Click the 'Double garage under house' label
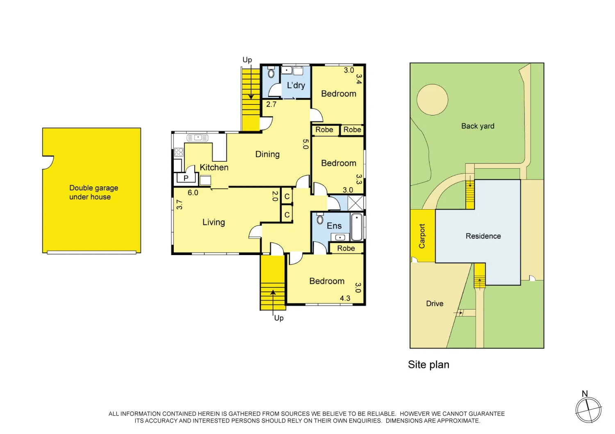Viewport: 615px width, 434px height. click(93, 192)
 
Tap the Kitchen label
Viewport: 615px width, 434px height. click(214, 167)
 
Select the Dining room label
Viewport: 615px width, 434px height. click(267, 154)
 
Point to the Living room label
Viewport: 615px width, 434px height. click(214, 222)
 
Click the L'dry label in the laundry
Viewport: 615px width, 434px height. click(296, 86)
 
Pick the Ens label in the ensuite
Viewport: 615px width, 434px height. click(334, 226)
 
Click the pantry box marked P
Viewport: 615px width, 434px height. click(186, 178)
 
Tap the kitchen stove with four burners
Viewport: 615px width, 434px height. click(179, 152)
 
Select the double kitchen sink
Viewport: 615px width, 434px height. click(198, 138)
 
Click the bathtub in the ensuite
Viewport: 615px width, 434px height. click(357, 227)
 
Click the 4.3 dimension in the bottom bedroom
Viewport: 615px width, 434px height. click(345, 298)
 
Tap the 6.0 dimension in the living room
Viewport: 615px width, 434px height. click(193, 193)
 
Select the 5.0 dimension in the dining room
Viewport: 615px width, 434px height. click(305, 144)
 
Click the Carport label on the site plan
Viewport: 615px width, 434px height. click(422, 236)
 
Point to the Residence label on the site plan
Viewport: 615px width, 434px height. click(483, 236)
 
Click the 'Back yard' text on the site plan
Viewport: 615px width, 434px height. click(478, 126)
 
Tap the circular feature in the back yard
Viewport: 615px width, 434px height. click(432, 99)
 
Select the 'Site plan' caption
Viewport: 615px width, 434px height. click(428, 365)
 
